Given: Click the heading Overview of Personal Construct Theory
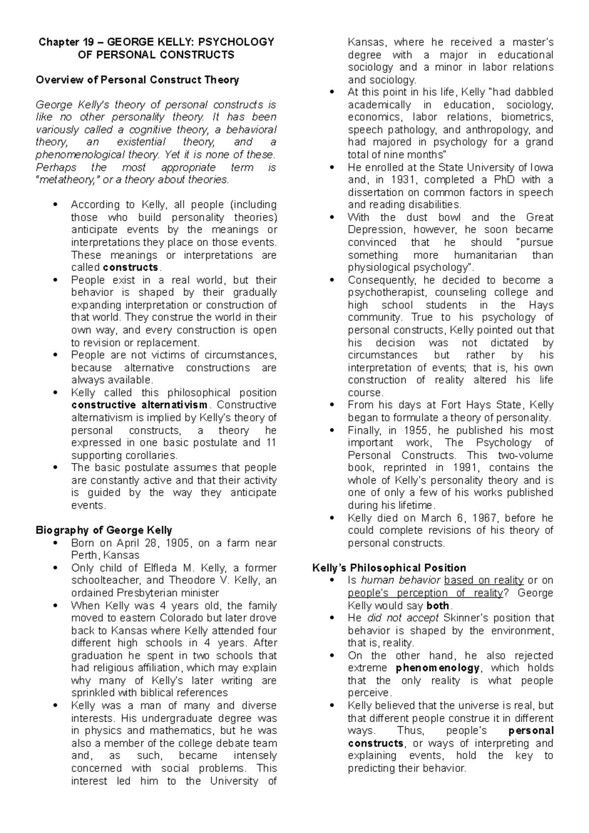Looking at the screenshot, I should point(137,79).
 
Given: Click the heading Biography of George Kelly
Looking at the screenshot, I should point(104,530).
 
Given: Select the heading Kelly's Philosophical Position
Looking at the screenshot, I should point(389,568).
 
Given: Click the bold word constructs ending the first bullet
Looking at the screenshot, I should point(131,267).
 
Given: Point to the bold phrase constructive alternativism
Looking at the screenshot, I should point(140,405).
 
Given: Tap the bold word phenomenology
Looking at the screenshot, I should point(438,668).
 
